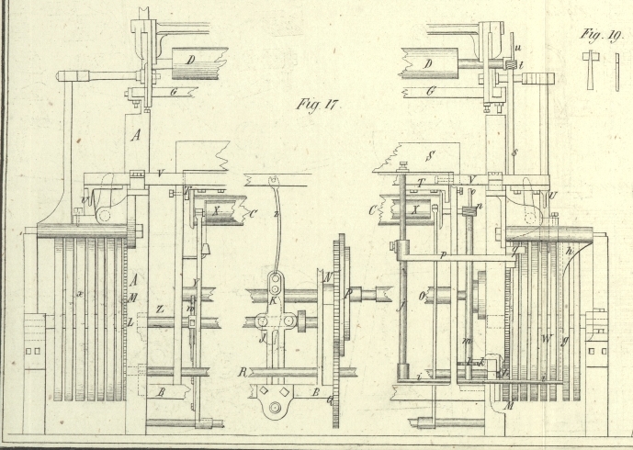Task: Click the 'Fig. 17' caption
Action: pyautogui.click(x=318, y=105)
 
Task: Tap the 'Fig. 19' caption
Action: pyautogui.click(x=603, y=36)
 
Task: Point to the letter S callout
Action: pyautogui.click(x=428, y=156)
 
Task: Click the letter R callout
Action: pyautogui.click(x=241, y=373)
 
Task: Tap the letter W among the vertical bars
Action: pyautogui.click(x=547, y=340)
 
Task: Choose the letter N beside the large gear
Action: pyautogui.click(x=327, y=276)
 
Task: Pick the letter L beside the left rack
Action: pyautogui.click(x=130, y=322)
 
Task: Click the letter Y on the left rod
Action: pyautogui.click(x=196, y=283)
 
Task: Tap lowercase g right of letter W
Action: pyautogui.click(x=566, y=341)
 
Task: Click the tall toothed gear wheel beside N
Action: pyautogui.click(x=342, y=303)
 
